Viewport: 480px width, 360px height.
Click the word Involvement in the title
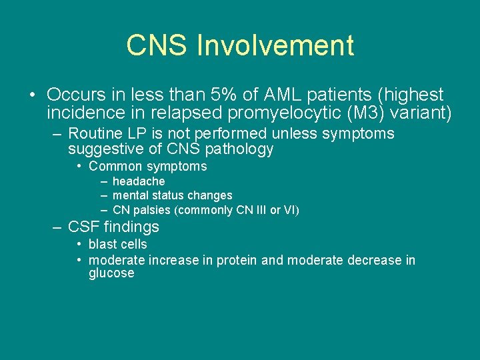[x=275, y=45]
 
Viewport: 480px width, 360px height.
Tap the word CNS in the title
[x=157, y=45]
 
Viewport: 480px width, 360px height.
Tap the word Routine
[x=95, y=134]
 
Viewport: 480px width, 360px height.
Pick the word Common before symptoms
[x=115, y=167]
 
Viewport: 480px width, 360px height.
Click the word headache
[x=139, y=181]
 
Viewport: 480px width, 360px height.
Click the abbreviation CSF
[x=84, y=227]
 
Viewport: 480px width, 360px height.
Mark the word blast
[x=103, y=245]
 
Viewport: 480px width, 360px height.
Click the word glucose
[x=111, y=274]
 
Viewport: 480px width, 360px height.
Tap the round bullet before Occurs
[x=33, y=95]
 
